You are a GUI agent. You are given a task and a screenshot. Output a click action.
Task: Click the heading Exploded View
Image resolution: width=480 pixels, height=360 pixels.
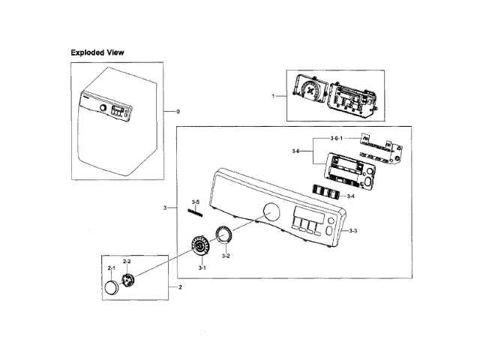(97, 53)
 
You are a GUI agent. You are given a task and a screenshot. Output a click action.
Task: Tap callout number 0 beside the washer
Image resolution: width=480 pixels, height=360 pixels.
(178, 112)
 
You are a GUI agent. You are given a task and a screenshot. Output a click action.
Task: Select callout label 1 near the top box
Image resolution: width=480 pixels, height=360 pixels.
(273, 96)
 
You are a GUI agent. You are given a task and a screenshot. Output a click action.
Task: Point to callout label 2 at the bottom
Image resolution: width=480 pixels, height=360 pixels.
(180, 287)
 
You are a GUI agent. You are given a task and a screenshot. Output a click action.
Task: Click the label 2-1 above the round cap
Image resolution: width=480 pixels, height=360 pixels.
(110, 268)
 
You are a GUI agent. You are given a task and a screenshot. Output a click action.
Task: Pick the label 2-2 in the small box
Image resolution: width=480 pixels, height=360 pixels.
(127, 261)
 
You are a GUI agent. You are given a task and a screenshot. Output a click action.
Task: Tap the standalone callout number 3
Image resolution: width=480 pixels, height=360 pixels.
(164, 207)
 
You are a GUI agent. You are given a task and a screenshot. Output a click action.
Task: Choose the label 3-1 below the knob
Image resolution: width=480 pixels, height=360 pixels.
(202, 268)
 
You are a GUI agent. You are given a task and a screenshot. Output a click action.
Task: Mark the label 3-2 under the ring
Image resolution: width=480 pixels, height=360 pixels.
(225, 256)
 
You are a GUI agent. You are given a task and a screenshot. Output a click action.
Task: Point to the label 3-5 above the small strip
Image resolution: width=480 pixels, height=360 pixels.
(195, 202)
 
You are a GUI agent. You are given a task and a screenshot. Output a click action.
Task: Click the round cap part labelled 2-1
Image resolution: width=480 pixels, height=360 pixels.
(111, 288)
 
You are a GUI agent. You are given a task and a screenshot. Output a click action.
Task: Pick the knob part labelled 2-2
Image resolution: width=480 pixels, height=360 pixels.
(129, 280)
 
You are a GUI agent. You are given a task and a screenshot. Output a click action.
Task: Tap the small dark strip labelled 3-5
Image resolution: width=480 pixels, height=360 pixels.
(196, 213)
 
